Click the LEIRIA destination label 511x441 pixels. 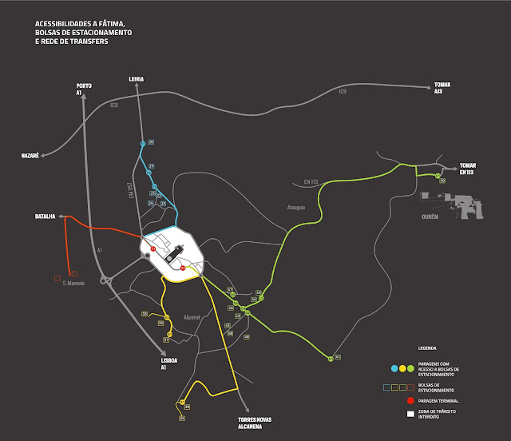[x=137, y=79]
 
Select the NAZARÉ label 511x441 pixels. [x=30, y=156]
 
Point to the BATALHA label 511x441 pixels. [x=44, y=217]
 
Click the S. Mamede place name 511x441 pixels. [x=74, y=283]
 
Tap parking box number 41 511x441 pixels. [x=338, y=356]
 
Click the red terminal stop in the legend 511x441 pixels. [x=410, y=399]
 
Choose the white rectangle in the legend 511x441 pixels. [x=410, y=414]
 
